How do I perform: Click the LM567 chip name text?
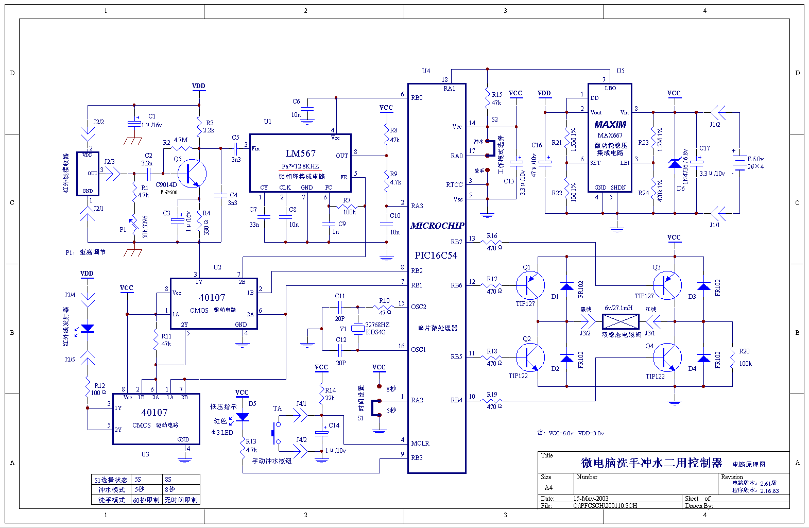pyautogui.click(x=301, y=154)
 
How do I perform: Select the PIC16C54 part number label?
pyautogui.click(x=436, y=256)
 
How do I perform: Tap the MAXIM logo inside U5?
pyautogui.click(x=610, y=125)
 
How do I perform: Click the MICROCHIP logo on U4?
pyautogui.click(x=437, y=226)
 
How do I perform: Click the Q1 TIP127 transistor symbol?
pyautogui.click(x=530, y=285)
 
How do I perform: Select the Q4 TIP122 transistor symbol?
pyautogui.click(x=667, y=357)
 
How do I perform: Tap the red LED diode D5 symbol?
pyautogui.click(x=242, y=417)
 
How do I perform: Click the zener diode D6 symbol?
pyautogui.click(x=675, y=164)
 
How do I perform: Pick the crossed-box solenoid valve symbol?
pyautogui.click(x=621, y=322)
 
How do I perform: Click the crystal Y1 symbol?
pyautogui.click(x=357, y=328)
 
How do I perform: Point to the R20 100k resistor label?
pyautogui.click(x=745, y=357)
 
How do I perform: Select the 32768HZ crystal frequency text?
pyautogui.click(x=377, y=325)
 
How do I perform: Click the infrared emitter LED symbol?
pyautogui.click(x=88, y=328)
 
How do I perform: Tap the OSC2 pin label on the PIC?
pyautogui.click(x=419, y=307)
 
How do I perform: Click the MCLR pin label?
pyautogui.click(x=420, y=443)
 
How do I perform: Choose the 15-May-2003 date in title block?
pyautogui.click(x=591, y=499)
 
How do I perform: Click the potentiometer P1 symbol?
pyautogui.click(x=133, y=225)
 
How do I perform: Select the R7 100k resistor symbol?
pyautogui.click(x=349, y=206)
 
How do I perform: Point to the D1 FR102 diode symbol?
pyautogui.click(x=566, y=286)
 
